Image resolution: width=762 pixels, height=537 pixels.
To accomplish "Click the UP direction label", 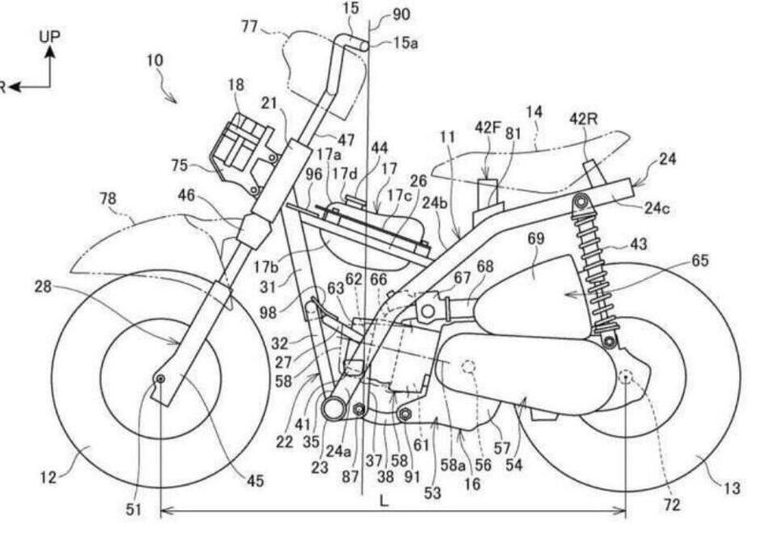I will pos(50,35).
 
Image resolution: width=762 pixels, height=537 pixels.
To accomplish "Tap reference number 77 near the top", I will pos(250,27).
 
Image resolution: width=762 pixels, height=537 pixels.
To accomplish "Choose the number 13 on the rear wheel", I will pos(731,488).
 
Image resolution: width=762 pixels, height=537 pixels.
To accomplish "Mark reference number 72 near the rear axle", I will pos(672,505).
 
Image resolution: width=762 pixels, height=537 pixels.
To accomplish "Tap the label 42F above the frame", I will pos(489,125).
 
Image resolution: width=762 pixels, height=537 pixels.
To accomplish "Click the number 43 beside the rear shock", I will pos(637,245).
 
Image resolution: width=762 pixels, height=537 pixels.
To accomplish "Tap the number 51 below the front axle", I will pos(133,509).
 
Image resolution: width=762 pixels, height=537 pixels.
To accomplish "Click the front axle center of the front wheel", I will pos(161,380).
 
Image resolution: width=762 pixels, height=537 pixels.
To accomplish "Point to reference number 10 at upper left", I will pos(154,60).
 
